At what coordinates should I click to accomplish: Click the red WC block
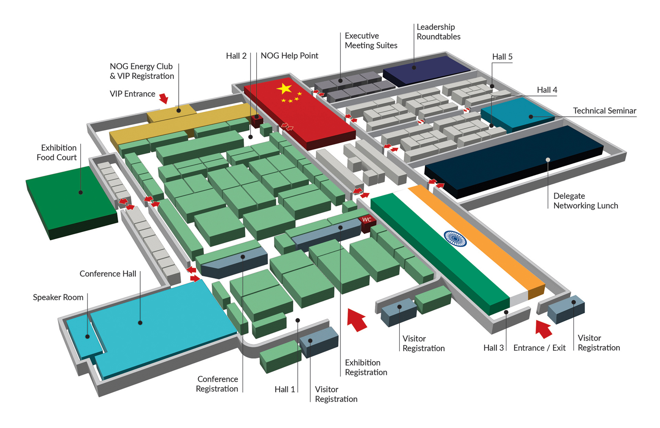pos(367,222)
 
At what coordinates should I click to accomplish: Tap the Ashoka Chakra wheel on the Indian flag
pos(455,239)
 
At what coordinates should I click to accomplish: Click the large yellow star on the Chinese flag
pos(285,89)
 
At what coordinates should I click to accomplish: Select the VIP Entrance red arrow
pos(164,98)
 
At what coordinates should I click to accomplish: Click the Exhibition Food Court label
pos(57,153)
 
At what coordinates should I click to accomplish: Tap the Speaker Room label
pos(58,297)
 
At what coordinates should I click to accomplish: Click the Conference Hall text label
pos(108,274)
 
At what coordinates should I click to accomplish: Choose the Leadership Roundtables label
pos(438,32)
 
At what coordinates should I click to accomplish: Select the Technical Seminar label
pos(604,111)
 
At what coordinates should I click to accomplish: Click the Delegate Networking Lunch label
pos(585,201)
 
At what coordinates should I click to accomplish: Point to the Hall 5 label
pos(502,57)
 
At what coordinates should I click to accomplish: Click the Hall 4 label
pos(547,90)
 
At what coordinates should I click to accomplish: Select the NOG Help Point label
pos(289,56)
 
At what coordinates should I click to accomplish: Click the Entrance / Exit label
pos(539,348)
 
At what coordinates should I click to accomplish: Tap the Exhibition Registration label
pos(366,367)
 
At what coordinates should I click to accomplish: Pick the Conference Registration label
pos(217,384)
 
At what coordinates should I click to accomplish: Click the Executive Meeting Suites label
pos(371,40)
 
